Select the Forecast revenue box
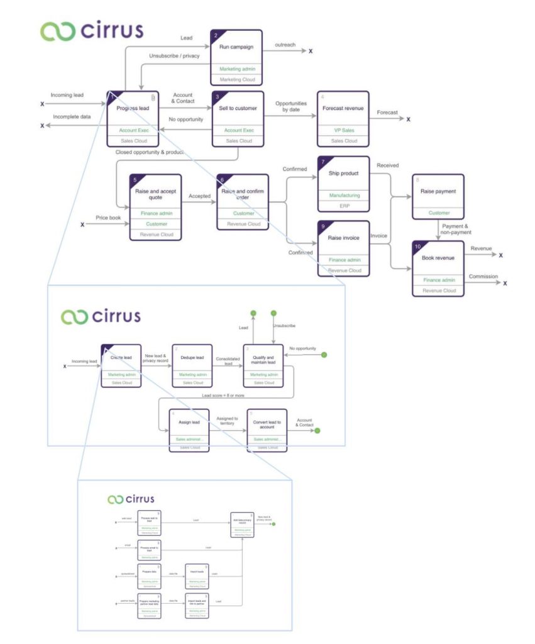pos(343,119)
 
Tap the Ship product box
pos(343,183)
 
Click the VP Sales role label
pos(343,130)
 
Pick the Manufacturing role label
pos(343,196)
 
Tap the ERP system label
pos(343,206)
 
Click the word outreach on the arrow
pos(285,45)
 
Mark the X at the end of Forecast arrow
pos(408,119)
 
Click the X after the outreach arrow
pos(311,51)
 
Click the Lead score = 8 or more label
pos(224,396)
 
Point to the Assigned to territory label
pos(227,421)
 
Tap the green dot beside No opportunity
pos(324,355)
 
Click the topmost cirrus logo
pos(92,30)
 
